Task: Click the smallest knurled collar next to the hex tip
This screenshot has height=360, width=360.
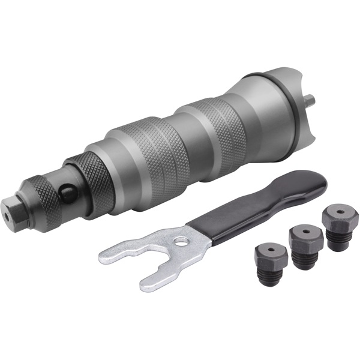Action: point(37,196)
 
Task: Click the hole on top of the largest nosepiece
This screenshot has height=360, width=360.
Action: point(338,212)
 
